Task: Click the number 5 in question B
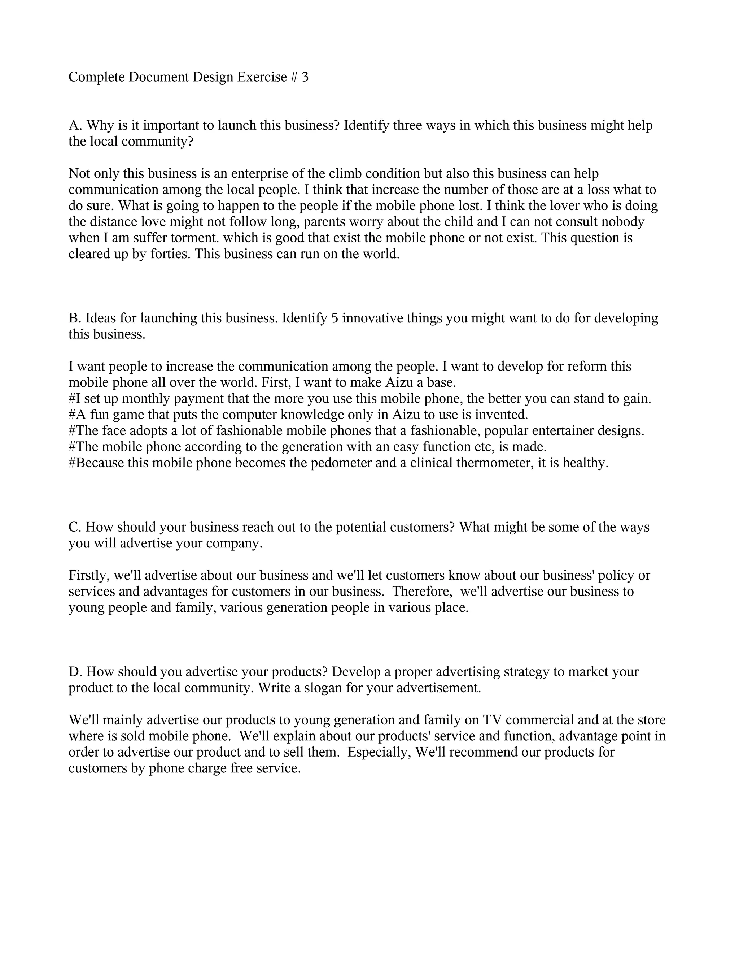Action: coord(334,318)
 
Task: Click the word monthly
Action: coord(145,399)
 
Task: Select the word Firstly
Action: coord(89,575)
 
